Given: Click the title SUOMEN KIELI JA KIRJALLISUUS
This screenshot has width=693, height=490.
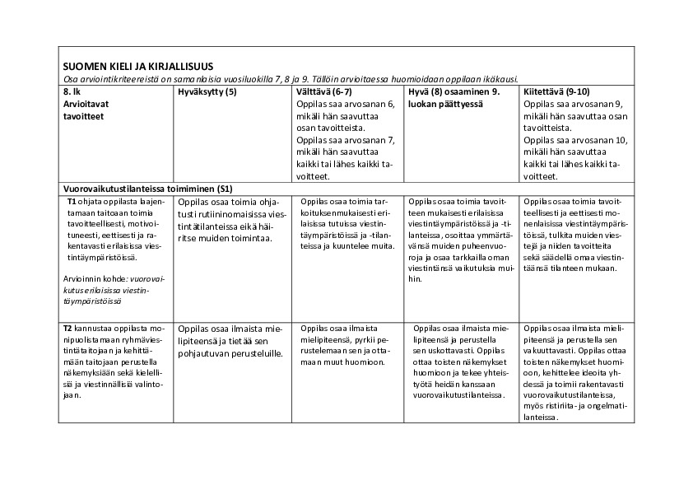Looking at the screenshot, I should tap(137, 67).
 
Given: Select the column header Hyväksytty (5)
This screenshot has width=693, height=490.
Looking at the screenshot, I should tap(207, 91).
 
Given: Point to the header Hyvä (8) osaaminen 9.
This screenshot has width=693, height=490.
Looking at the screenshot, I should tap(453, 91).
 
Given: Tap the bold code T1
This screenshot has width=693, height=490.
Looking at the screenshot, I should tap(72, 200).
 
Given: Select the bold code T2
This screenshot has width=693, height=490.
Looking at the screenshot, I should tap(72, 328).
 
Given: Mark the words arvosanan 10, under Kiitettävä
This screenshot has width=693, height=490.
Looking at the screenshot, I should tap(593, 140).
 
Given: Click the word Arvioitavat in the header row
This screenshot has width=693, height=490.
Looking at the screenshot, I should tap(86, 104).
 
